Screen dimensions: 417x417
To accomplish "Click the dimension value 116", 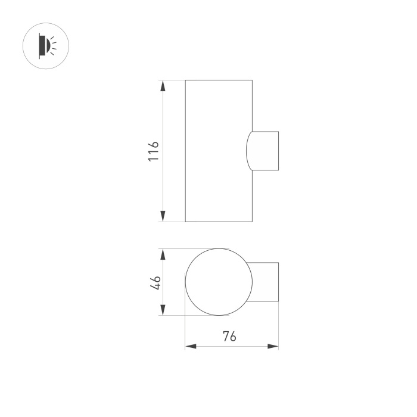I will coord(153,151).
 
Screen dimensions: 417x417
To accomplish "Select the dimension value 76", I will coord(229,336).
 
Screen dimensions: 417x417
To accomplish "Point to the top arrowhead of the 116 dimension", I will coord(162,85).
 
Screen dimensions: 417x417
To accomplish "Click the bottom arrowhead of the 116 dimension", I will coord(162,217).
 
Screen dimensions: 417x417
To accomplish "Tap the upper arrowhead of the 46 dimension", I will coord(162,254).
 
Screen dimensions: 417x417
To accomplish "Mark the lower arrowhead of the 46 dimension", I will coord(162,311).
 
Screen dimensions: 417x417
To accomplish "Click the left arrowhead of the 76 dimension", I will coord(190,346).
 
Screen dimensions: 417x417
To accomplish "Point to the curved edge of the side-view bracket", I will coord(247,151).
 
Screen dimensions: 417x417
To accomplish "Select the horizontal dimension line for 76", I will coord(250,346).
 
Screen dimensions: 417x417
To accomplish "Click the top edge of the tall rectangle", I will coord(218,80).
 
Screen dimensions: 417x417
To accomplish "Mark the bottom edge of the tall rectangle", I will coord(218,222).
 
